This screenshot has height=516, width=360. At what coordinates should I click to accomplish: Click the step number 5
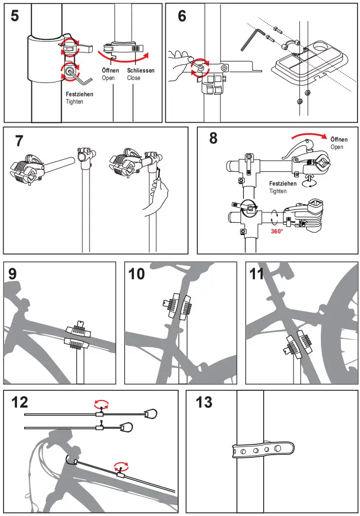(x=15, y=16)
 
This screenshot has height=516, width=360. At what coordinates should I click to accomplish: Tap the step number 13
(x=204, y=402)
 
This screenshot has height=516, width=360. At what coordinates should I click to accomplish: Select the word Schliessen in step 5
(x=141, y=71)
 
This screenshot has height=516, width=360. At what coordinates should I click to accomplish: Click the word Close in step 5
(x=133, y=78)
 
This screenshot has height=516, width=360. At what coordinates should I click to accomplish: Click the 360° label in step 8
(x=277, y=231)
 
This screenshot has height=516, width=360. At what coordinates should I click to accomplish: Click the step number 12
(x=19, y=402)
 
